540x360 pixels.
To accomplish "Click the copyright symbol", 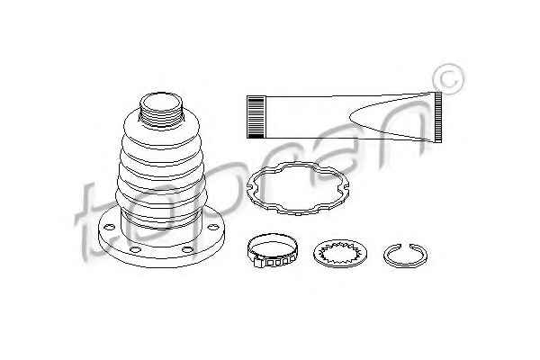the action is click(x=449, y=79).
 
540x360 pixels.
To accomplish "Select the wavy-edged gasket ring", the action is click(x=298, y=188).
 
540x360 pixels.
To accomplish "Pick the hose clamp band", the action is click(x=272, y=250).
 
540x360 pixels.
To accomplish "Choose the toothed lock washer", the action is click(x=340, y=254).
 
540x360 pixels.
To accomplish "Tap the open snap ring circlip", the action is click(x=405, y=255).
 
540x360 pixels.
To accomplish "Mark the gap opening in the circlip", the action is click(x=405, y=245).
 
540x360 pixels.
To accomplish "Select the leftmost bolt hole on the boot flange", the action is click(x=109, y=227).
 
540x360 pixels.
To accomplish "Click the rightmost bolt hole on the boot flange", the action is click(x=213, y=227).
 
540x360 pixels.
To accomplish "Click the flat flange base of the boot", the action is click(x=161, y=238).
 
